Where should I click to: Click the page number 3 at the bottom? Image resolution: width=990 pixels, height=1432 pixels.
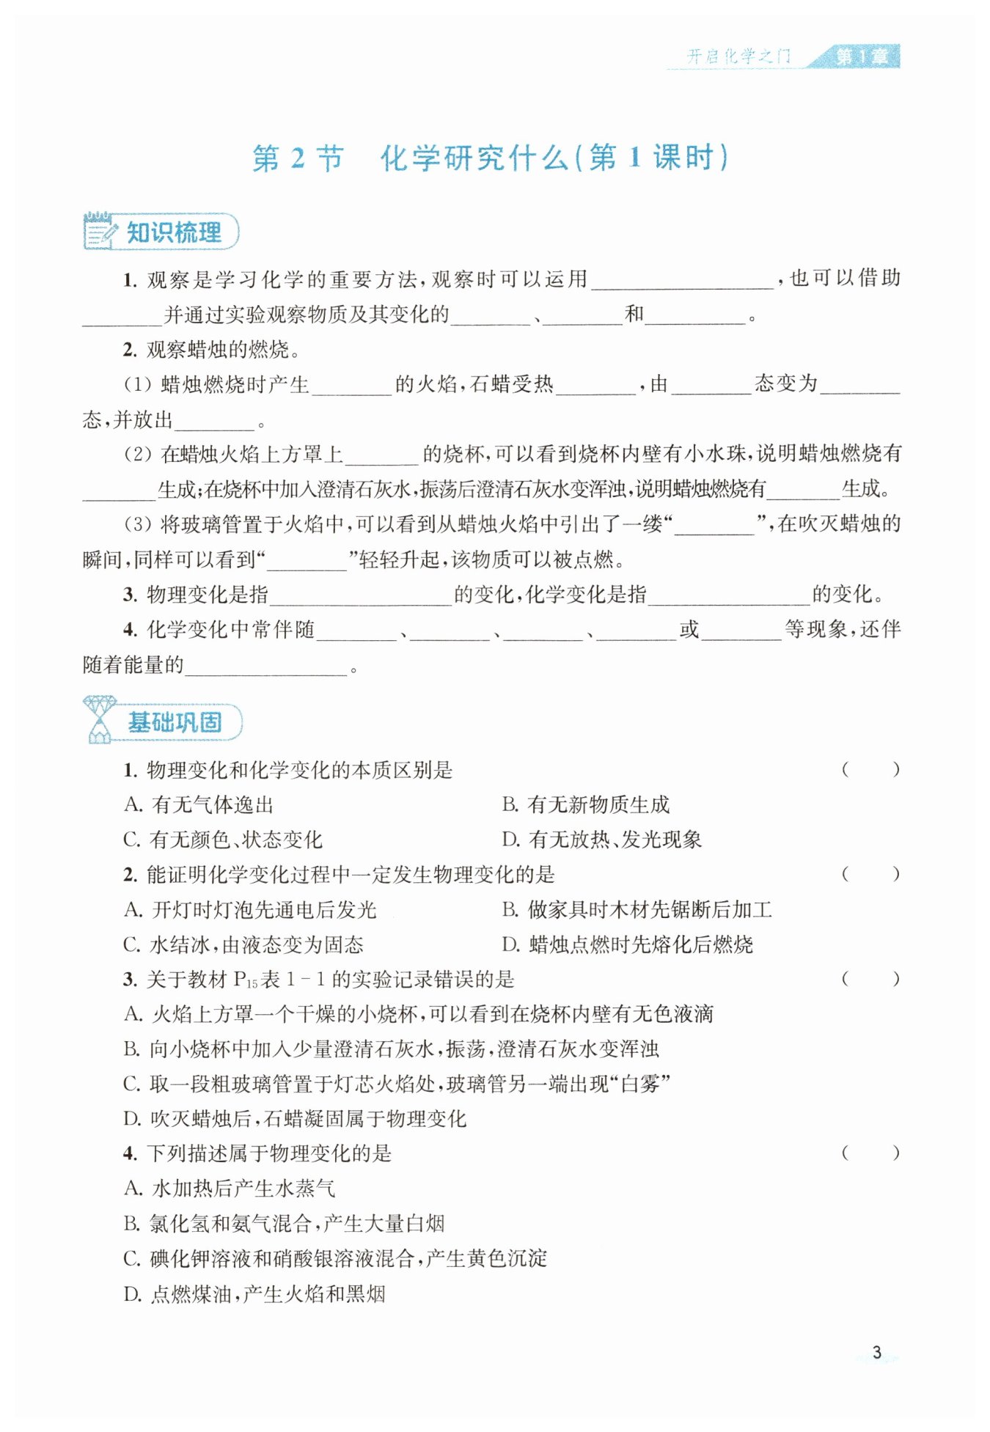[876, 1353]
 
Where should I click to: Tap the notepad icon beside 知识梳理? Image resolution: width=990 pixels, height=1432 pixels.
[100, 231]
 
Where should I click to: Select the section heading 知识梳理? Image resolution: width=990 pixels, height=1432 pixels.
[174, 232]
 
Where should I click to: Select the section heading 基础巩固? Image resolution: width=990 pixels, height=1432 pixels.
[175, 722]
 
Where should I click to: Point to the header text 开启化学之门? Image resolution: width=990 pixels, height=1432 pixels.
[738, 56]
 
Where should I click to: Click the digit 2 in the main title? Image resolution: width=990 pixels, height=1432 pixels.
[297, 158]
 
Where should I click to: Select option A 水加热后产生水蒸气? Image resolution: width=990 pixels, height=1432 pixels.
[229, 1188]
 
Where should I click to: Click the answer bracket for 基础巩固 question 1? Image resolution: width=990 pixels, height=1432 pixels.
[870, 769]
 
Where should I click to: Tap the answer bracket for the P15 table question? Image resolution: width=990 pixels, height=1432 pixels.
[870, 978]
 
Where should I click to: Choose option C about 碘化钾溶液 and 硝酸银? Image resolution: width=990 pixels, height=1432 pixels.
[335, 1258]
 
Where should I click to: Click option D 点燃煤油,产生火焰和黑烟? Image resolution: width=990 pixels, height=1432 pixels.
[254, 1293]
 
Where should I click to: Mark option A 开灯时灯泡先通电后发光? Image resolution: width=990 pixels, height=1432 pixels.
[250, 910]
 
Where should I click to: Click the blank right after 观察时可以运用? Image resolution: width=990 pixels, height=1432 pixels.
[682, 281]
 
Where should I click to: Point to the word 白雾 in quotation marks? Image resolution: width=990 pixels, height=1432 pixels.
[640, 1084]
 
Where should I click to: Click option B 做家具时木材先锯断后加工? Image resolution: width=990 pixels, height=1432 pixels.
[637, 910]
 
